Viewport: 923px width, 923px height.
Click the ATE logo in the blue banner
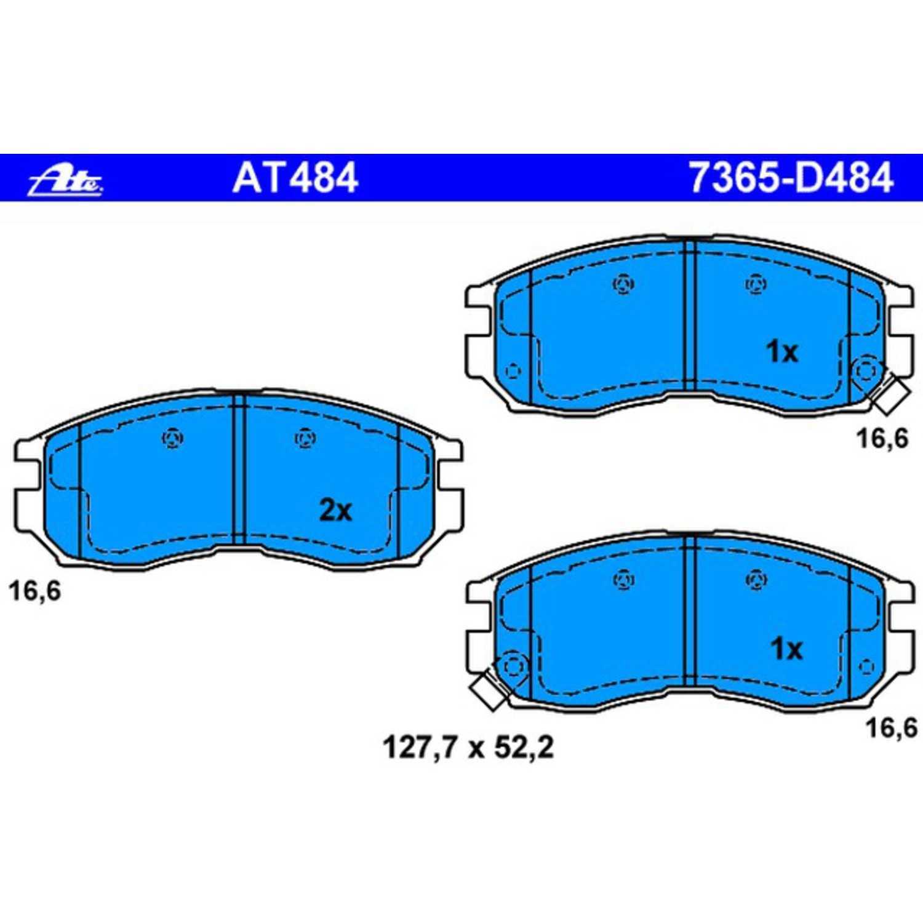66,179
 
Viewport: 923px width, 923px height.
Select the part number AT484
295,178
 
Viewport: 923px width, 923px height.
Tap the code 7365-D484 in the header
791,178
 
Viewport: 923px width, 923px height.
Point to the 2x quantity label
335,510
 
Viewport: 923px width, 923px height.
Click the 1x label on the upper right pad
782,352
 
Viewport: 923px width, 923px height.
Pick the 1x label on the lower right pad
786,649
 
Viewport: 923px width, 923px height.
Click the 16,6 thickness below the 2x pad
35,591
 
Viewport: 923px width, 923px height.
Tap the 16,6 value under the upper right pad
882,439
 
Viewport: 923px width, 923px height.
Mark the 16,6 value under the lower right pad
892,728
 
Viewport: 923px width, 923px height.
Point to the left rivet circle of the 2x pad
172,438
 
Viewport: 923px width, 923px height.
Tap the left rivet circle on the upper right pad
624,284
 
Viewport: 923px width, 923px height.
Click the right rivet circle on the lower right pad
756,580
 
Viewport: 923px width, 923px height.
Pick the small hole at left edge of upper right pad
512,371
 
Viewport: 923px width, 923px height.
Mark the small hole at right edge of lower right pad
866,667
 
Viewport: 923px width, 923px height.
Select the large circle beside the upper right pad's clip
865,372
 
